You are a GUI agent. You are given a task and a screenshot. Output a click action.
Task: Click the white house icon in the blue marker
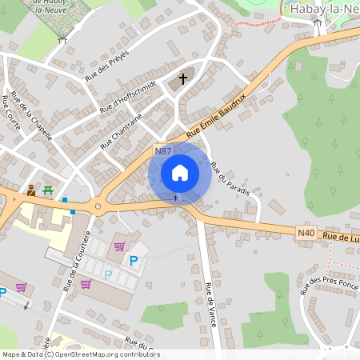[180, 173]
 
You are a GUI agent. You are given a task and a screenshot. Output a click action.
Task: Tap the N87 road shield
[163, 150]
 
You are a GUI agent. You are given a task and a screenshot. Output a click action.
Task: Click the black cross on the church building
[183, 78]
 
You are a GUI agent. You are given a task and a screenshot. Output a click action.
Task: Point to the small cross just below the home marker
[176, 197]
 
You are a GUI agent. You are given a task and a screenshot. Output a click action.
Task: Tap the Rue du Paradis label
[230, 179]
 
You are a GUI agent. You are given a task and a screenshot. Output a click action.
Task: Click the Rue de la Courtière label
[77, 259]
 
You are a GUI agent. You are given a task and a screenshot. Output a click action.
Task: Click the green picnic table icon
[48, 190]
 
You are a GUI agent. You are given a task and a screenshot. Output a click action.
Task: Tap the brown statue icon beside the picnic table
[31, 190]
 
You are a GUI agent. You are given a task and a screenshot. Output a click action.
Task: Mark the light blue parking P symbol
[107, 274]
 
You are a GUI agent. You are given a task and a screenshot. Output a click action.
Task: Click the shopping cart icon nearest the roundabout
[120, 246]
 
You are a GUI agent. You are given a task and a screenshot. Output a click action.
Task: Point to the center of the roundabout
[98, 206]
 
